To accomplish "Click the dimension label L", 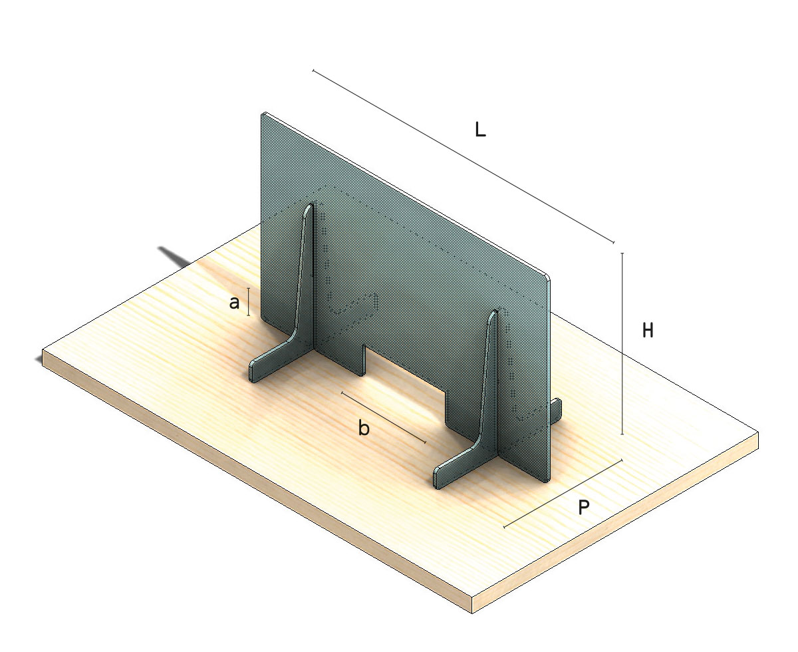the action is coord(480,130).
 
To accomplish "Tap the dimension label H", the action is coord(648,330).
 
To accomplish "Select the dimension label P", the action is coord(584,507).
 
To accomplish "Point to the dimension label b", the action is coord(364,428).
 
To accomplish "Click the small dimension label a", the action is coord(234,303).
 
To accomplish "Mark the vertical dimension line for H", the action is coord(622,343).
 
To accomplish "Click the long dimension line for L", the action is coord(463,156).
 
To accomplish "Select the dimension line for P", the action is coord(563,494).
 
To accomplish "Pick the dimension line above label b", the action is coord(384,417).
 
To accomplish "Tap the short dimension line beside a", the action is coord(249,302).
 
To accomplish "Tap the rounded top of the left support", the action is coord(310,207).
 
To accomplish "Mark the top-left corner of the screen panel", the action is coord(263,113).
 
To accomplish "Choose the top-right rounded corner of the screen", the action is coord(548,278).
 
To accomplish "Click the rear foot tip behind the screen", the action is coord(557,408).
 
